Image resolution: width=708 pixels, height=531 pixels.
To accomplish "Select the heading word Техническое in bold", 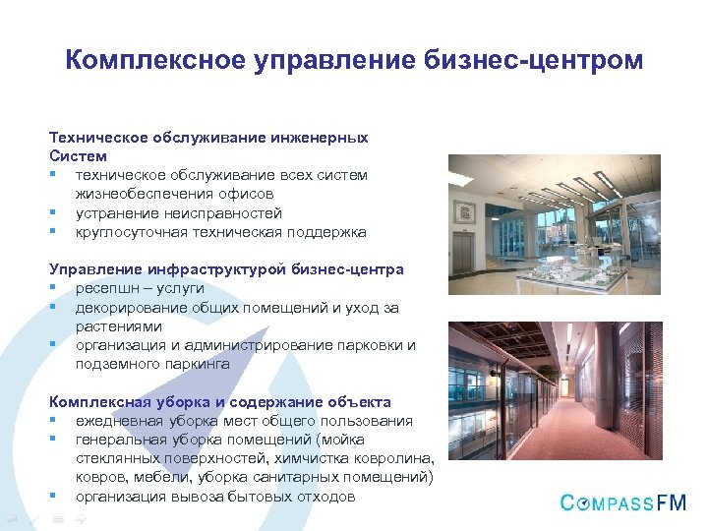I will pos(96,138).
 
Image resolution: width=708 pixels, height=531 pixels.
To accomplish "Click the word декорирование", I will pos(131,307).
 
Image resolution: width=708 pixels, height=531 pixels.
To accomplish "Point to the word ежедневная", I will pos(116,421).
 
